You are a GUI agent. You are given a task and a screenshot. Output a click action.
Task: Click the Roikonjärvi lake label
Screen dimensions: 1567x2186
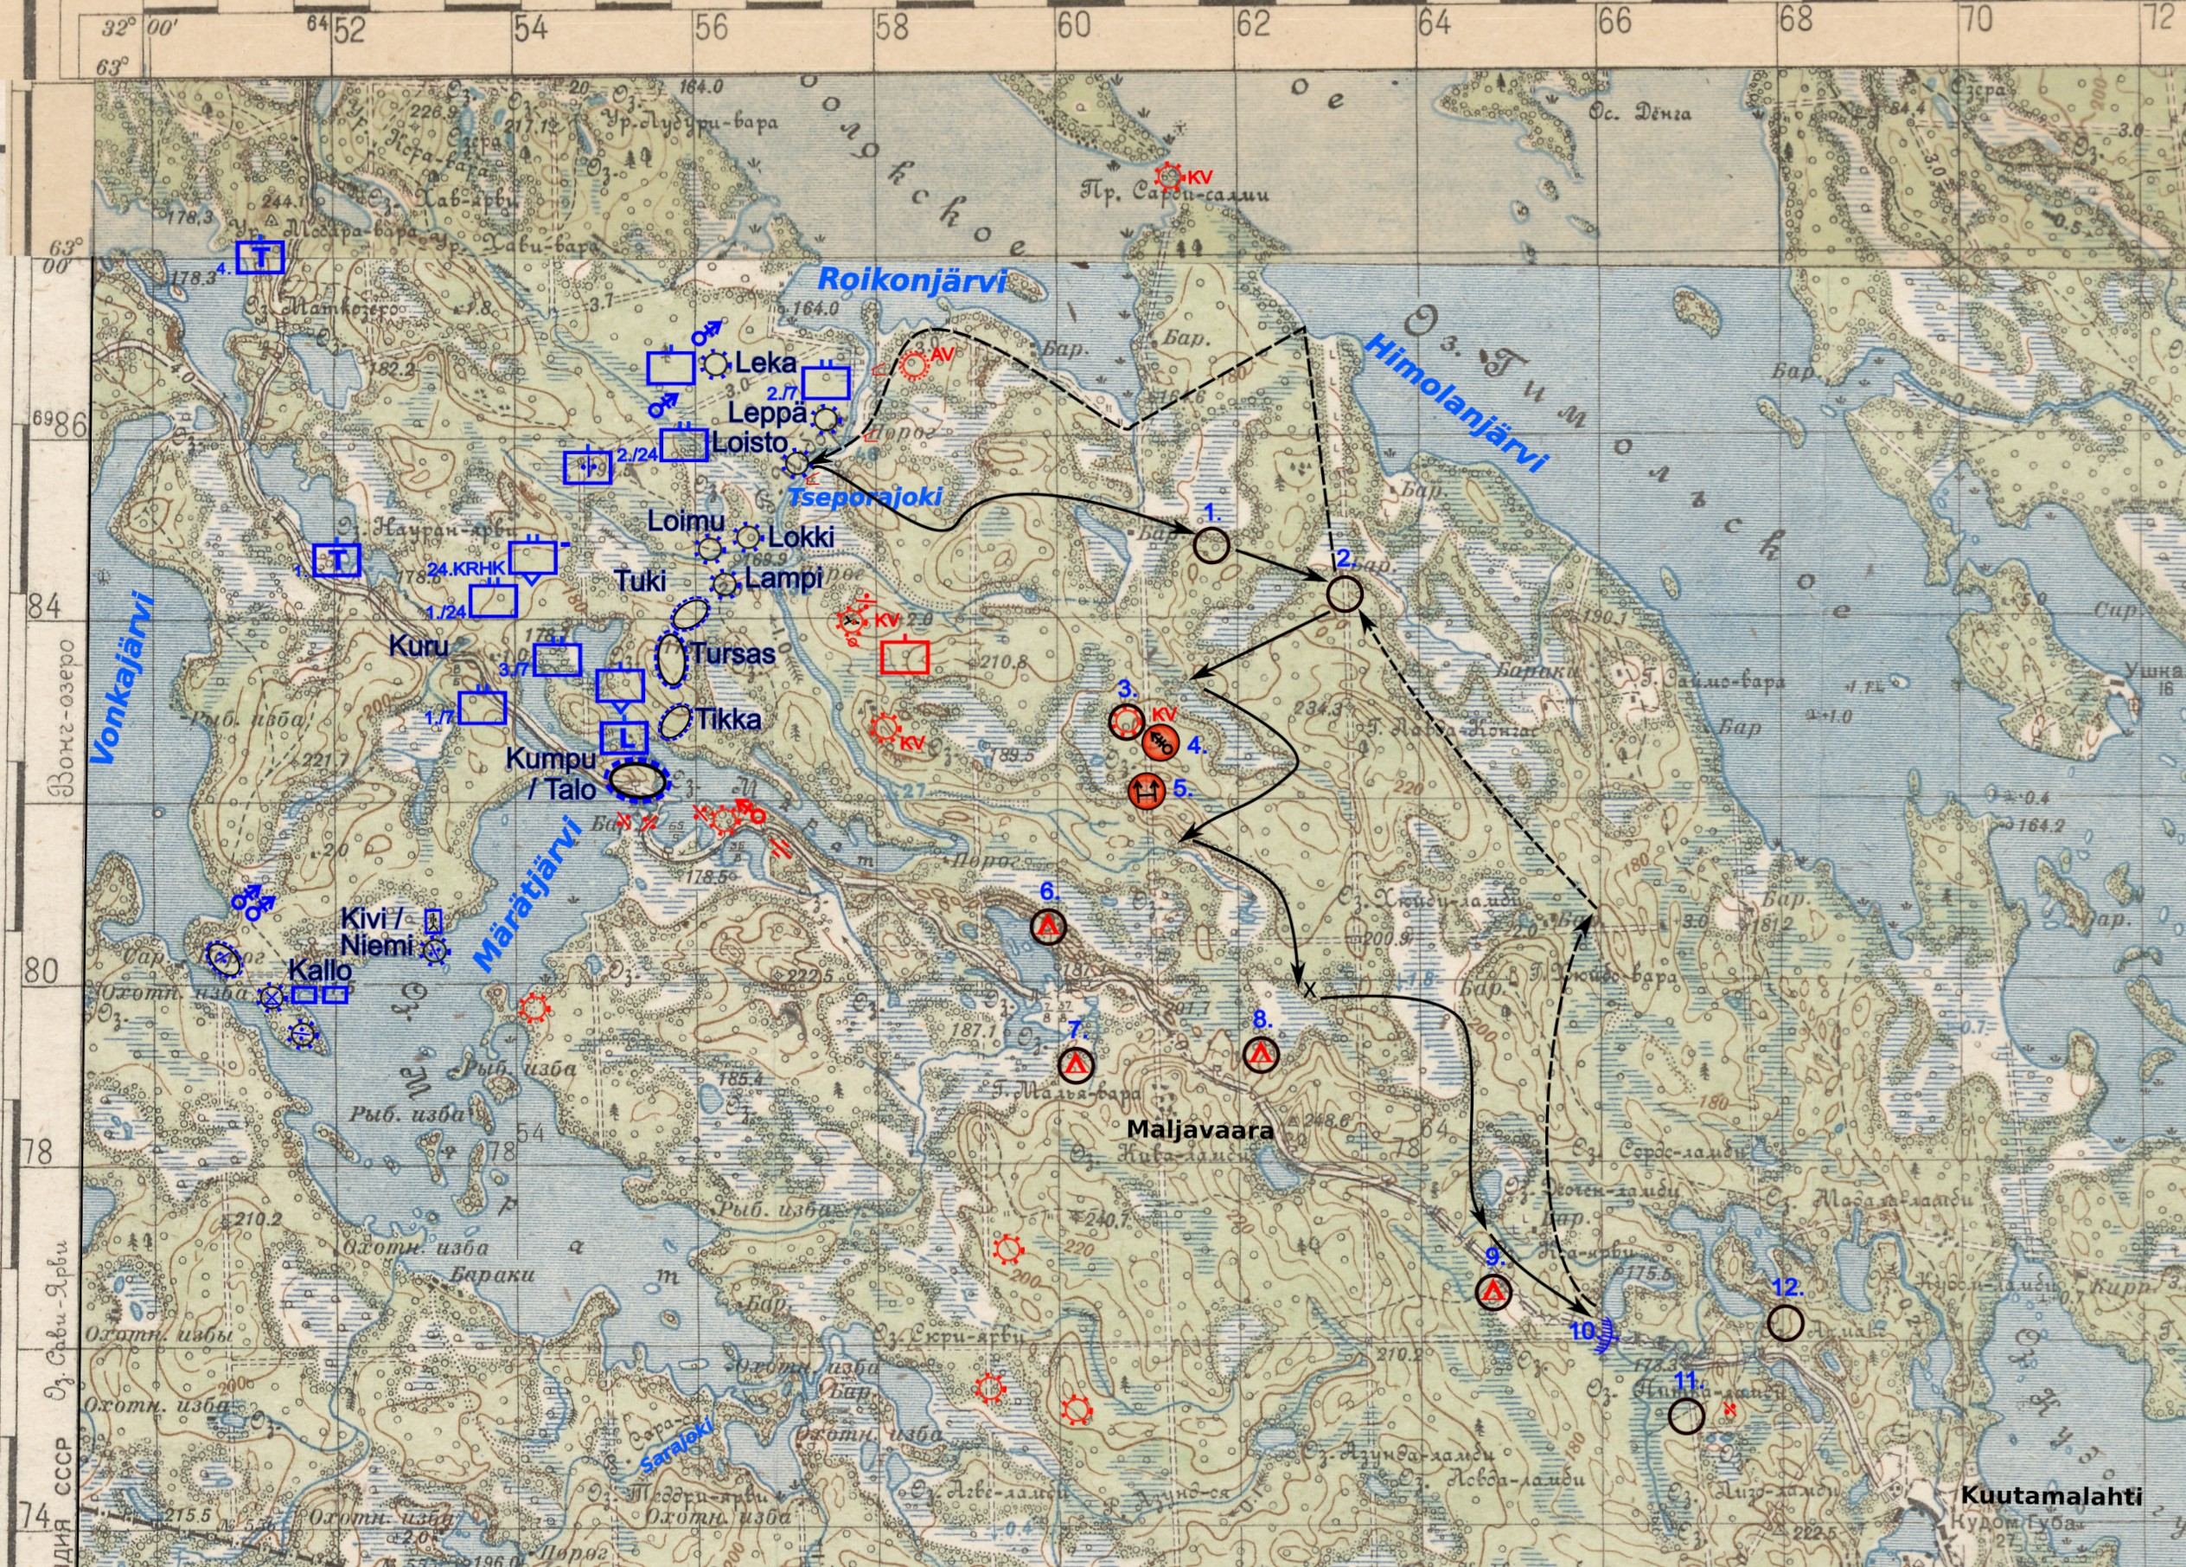(911, 280)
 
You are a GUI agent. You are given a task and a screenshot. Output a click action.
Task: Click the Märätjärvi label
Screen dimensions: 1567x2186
(527, 893)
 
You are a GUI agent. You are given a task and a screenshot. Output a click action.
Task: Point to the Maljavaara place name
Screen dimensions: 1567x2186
(1200, 1129)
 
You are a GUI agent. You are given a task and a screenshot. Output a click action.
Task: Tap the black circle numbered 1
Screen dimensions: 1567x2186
(1211, 545)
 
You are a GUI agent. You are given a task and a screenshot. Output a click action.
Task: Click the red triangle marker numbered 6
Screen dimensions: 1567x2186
(1048, 927)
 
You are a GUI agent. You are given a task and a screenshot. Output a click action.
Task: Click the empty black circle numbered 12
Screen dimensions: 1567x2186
(1785, 1323)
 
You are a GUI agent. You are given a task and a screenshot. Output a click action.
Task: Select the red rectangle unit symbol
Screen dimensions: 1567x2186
(905, 656)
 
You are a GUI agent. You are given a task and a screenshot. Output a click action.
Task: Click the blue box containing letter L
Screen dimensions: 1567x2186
(623, 738)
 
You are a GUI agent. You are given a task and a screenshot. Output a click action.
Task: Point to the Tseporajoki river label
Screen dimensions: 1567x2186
(865, 497)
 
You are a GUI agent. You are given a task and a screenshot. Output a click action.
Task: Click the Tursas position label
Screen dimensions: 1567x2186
(732, 654)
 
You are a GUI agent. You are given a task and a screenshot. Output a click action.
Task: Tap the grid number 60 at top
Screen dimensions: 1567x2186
(1073, 26)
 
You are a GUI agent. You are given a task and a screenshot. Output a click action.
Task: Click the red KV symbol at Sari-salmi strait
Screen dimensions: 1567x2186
(1169, 177)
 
